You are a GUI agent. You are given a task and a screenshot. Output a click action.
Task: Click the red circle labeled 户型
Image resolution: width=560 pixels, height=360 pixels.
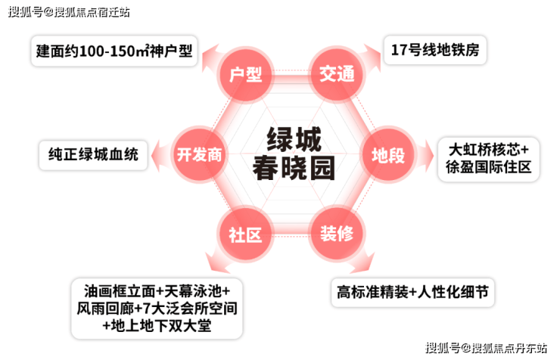pyautogui.click(x=245, y=74)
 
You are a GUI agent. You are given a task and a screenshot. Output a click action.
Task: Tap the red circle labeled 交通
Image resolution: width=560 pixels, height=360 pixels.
pyautogui.click(x=337, y=73)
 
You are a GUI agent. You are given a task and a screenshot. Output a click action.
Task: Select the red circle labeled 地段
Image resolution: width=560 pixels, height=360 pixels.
pyautogui.click(x=388, y=155)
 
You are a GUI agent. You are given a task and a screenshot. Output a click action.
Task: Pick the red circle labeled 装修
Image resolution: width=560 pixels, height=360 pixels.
pyautogui.click(x=337, y=234)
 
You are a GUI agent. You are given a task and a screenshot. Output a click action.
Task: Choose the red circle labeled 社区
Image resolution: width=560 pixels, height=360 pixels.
pyautogui.click(x=245, y=234)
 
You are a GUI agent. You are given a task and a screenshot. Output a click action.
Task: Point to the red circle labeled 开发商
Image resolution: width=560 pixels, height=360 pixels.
pyautogui.click(x=200, y=154)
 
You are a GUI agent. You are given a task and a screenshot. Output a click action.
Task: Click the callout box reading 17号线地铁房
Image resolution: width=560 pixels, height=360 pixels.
pyautogui.click(x=435, y=50)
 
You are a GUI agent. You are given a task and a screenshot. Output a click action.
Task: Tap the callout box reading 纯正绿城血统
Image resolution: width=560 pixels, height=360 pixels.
pyautogui.click(x=93, y=155)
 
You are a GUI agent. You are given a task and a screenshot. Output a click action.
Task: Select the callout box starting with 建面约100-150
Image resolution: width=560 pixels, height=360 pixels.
pyautogui.click(x=114, y=51)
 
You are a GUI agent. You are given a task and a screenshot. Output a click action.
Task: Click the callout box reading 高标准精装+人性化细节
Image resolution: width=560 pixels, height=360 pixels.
pyautogui.click(x=412, y=292)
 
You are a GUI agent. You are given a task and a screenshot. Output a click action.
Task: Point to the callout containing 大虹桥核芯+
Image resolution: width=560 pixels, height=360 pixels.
pyautogui.click(x=489, y=159)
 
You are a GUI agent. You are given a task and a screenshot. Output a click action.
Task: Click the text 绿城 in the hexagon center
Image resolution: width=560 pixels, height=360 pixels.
pyautogui.click(x=294, y=139)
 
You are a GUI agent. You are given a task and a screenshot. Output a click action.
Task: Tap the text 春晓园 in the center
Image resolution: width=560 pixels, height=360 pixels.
pyautogui.click(x=294, y=168)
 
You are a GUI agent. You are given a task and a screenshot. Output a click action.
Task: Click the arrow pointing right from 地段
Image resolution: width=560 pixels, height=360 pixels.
pyautogui.click(x=425, y=156)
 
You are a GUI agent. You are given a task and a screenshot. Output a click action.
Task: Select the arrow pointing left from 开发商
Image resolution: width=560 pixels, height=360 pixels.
pyautogui.click(x=161, y=156)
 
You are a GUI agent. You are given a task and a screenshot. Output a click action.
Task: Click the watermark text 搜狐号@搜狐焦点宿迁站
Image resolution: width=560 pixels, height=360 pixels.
pyautogui.click(x=69, y=12)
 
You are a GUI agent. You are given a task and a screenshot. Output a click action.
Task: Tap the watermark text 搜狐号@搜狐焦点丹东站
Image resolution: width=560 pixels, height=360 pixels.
pyautogui.click(x=486, y=347)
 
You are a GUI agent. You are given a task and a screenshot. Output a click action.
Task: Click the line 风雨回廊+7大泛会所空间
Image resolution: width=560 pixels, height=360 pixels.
pyautogui.click(x=157, y=309)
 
